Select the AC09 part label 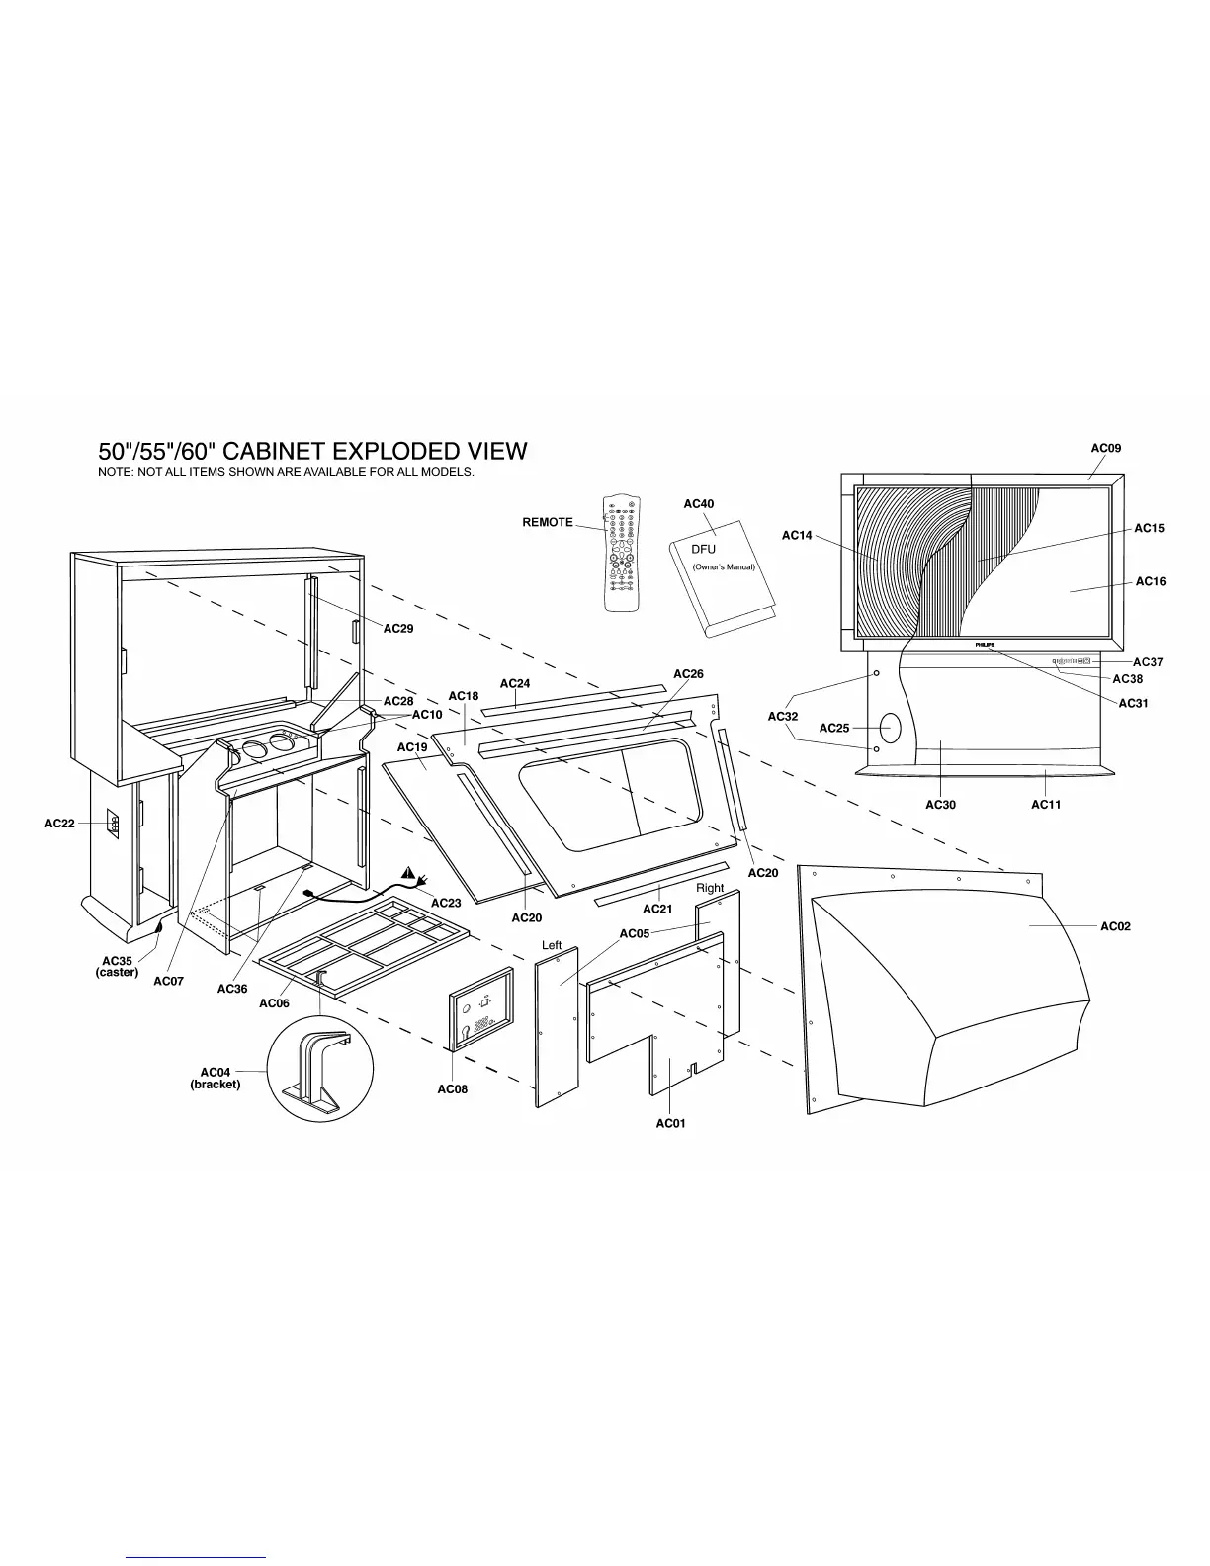[1105, 448]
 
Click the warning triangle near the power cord [408, 873]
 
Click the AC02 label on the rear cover [1116, 926]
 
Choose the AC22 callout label [59, 823]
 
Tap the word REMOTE [548, 522]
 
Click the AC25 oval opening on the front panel [888, 729]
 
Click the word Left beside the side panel [552, 946]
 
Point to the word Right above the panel [710, 888]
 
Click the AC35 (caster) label [117, 966]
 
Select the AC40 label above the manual [698, 504]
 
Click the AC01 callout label [670, 1123]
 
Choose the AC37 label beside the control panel [1148, 662]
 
